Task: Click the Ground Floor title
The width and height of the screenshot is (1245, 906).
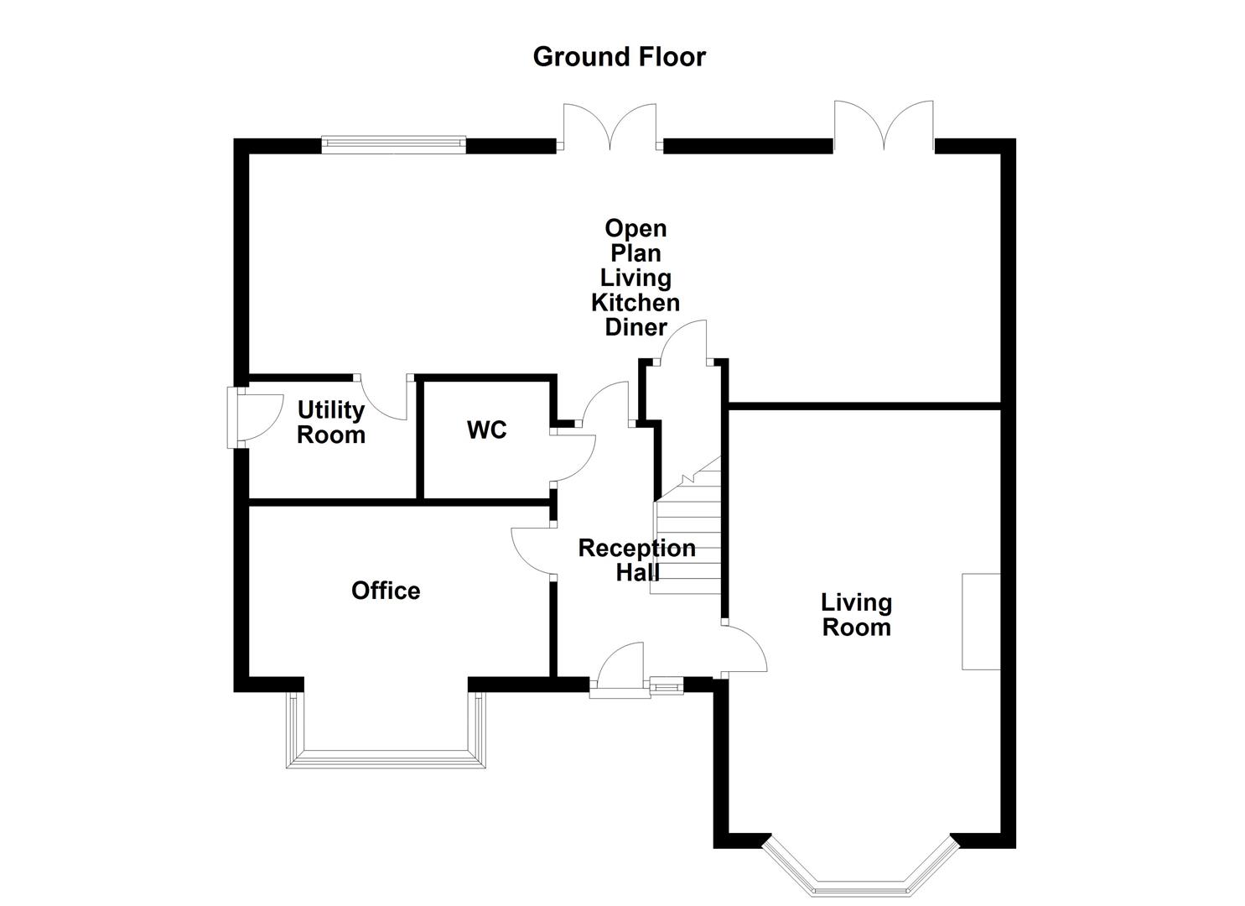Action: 619,57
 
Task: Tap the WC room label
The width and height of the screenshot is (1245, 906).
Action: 486,430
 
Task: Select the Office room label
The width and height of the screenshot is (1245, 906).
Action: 386,591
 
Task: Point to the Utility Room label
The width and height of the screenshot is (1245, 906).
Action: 331,423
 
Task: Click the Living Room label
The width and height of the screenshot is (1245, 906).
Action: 856,615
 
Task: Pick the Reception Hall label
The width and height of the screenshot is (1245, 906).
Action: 637,560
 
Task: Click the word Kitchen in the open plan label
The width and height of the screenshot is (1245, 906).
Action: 635,303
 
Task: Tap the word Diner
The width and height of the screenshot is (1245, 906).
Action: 635,328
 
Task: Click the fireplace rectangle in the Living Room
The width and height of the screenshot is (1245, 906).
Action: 981,622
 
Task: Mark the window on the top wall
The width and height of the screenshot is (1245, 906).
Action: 393,144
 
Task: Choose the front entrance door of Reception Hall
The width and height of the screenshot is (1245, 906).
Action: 620,671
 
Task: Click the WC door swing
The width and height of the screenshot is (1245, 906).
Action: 574,457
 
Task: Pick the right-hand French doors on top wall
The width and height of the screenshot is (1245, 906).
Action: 884,126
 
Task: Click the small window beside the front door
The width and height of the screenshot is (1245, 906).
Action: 667,687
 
